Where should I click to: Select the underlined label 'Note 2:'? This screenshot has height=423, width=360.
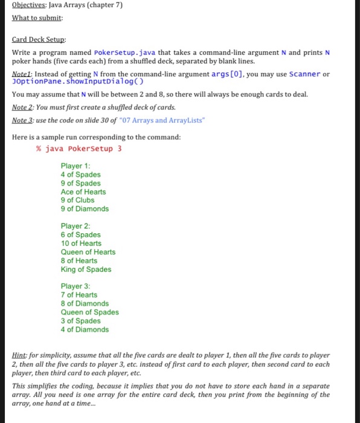tap(24, 107)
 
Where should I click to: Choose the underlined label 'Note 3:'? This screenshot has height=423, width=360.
tap(24, 120)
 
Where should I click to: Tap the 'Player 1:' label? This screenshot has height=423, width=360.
tap(76, 166)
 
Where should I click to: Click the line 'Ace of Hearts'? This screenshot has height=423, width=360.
tap(83, 192)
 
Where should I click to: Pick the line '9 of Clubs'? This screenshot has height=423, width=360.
tap(77, 200)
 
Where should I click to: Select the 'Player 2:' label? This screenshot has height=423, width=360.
tap(76, 226)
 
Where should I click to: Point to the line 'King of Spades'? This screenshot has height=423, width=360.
tap(86, 269)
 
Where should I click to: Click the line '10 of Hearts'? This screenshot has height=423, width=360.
tap(81, 243)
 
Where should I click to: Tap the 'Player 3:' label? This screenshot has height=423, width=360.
tap(76, 286)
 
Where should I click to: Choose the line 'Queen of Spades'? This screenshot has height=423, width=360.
tap(89, 312)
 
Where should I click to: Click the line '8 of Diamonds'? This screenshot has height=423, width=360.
tap(85, 303)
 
